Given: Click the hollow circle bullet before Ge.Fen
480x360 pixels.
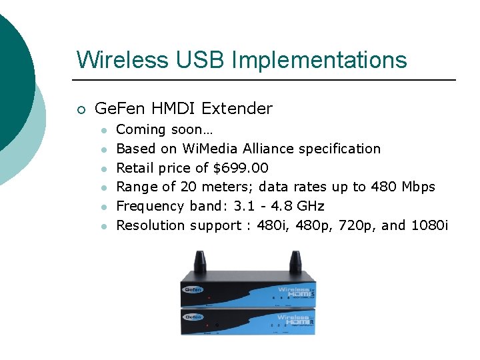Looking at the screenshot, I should (x=81, y=109).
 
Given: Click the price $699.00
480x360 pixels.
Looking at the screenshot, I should (x=241, y=167).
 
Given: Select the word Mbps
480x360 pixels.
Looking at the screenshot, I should (x=418, y=187).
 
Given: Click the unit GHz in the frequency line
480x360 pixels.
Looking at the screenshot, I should (x=311, y=206).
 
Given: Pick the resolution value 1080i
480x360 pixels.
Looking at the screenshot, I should (x=430, y=225).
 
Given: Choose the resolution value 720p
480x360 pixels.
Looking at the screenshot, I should (x=358, y=225).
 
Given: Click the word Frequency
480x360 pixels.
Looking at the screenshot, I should (x=149, y=206).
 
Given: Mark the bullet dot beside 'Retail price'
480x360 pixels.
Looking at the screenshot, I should (x=103, y=168).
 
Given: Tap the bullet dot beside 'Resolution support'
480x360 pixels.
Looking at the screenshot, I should (x=103, y=225).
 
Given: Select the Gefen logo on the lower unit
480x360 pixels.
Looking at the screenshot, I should (x=193, y=317).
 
